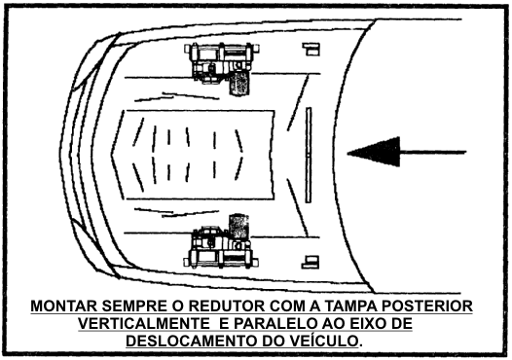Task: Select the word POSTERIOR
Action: point(427,306)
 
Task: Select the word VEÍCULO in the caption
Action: point(321,342)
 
